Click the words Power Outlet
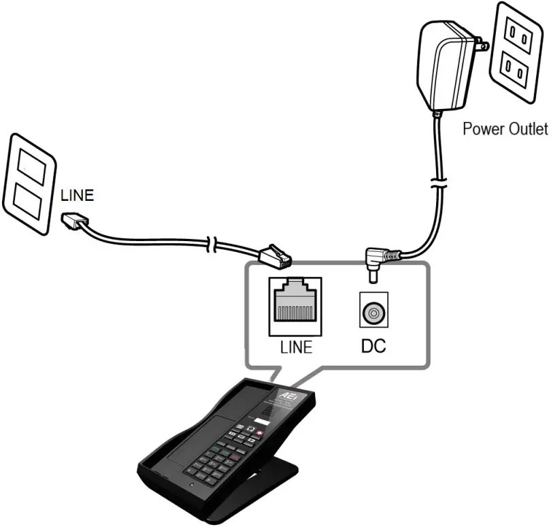click(505, 128)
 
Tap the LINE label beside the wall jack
click(77, 195)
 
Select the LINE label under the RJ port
click(296, 347)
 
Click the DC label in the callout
click(373, 347)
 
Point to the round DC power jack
click(373, 313)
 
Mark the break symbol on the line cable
click(214, 244)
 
